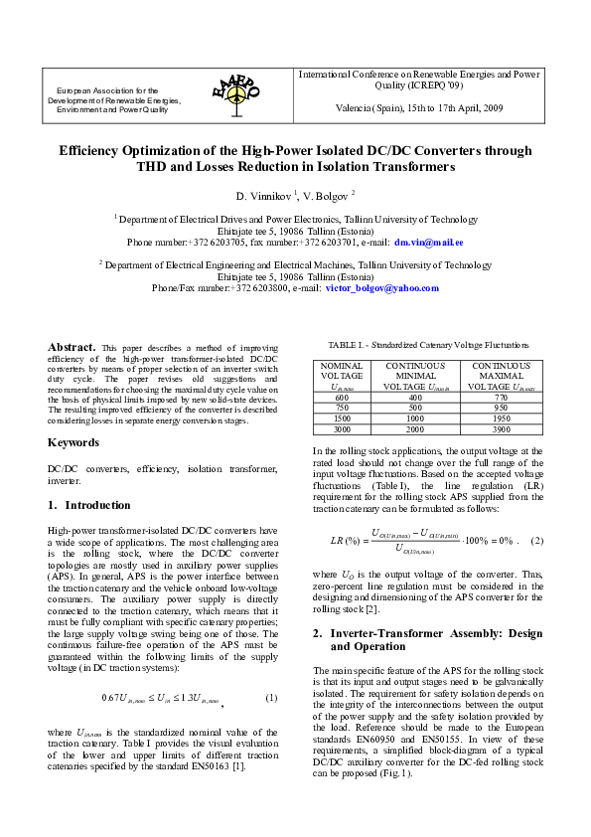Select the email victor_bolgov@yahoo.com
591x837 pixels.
click(x=381, y=288)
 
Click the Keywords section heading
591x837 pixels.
click(x=74, y=441)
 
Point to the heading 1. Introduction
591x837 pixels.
click(x=89, y=505)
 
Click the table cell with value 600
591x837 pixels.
click(x=343, y=397)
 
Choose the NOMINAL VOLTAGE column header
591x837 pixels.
click(x=343, y=372)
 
